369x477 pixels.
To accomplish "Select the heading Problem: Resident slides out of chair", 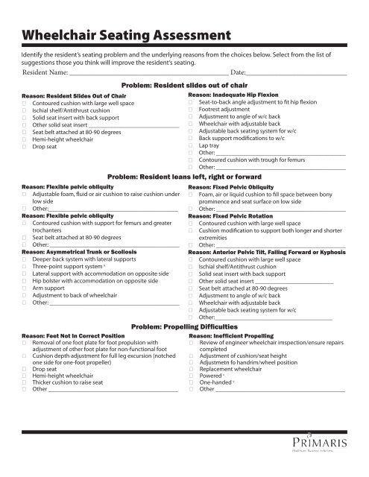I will [183, 87].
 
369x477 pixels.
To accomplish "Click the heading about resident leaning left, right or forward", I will [183, 177].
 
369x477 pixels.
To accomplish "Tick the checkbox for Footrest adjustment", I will [192, 109].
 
